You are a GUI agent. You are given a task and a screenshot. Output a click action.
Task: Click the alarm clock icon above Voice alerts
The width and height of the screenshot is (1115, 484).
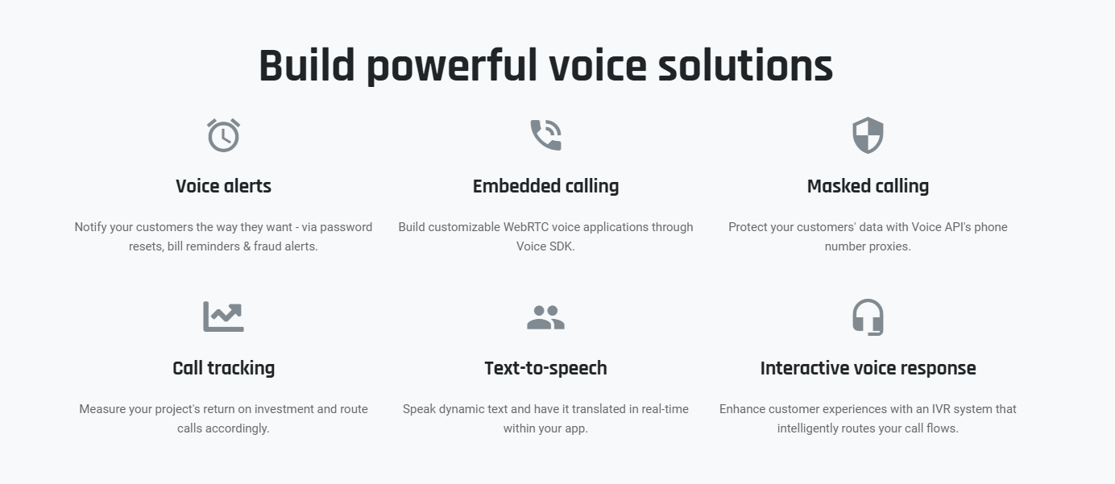[223, 135]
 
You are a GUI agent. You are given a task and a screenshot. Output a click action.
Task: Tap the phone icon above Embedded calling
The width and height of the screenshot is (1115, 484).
[545, 134]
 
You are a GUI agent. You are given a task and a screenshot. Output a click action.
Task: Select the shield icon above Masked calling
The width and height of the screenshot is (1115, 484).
[868, 135]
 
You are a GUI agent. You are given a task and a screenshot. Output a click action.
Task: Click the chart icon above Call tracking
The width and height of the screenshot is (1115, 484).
[223, 316]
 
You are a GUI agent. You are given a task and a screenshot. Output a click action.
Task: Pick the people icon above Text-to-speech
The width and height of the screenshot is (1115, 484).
[545, 317]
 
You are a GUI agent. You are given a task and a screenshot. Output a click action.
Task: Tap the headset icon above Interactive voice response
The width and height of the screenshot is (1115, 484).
[868, 317]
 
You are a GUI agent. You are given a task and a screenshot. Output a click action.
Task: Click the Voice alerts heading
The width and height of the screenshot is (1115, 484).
[223, 186]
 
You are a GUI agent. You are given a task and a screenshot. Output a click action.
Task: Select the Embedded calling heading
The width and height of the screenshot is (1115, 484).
[545, 187]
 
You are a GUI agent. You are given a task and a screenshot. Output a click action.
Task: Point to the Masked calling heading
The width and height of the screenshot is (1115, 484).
[868, 187]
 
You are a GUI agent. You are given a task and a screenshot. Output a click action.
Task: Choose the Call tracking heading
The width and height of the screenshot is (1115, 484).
[223, 369]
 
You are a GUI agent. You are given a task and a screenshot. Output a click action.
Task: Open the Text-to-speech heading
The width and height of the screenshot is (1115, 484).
[545, 369]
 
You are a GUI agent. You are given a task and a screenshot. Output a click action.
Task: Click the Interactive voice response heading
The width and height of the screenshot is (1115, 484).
[868, 369]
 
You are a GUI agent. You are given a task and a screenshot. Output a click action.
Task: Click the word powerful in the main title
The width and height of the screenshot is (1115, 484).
[452, 67]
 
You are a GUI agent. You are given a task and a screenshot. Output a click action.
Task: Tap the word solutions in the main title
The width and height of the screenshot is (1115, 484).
[745, 66]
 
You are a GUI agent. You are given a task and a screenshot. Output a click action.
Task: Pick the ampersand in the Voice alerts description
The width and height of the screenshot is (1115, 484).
[247, 246]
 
